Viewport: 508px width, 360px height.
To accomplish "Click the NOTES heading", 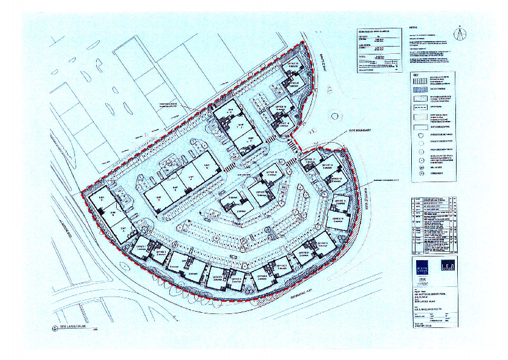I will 414,28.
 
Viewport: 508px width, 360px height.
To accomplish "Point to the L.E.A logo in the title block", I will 446,266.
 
